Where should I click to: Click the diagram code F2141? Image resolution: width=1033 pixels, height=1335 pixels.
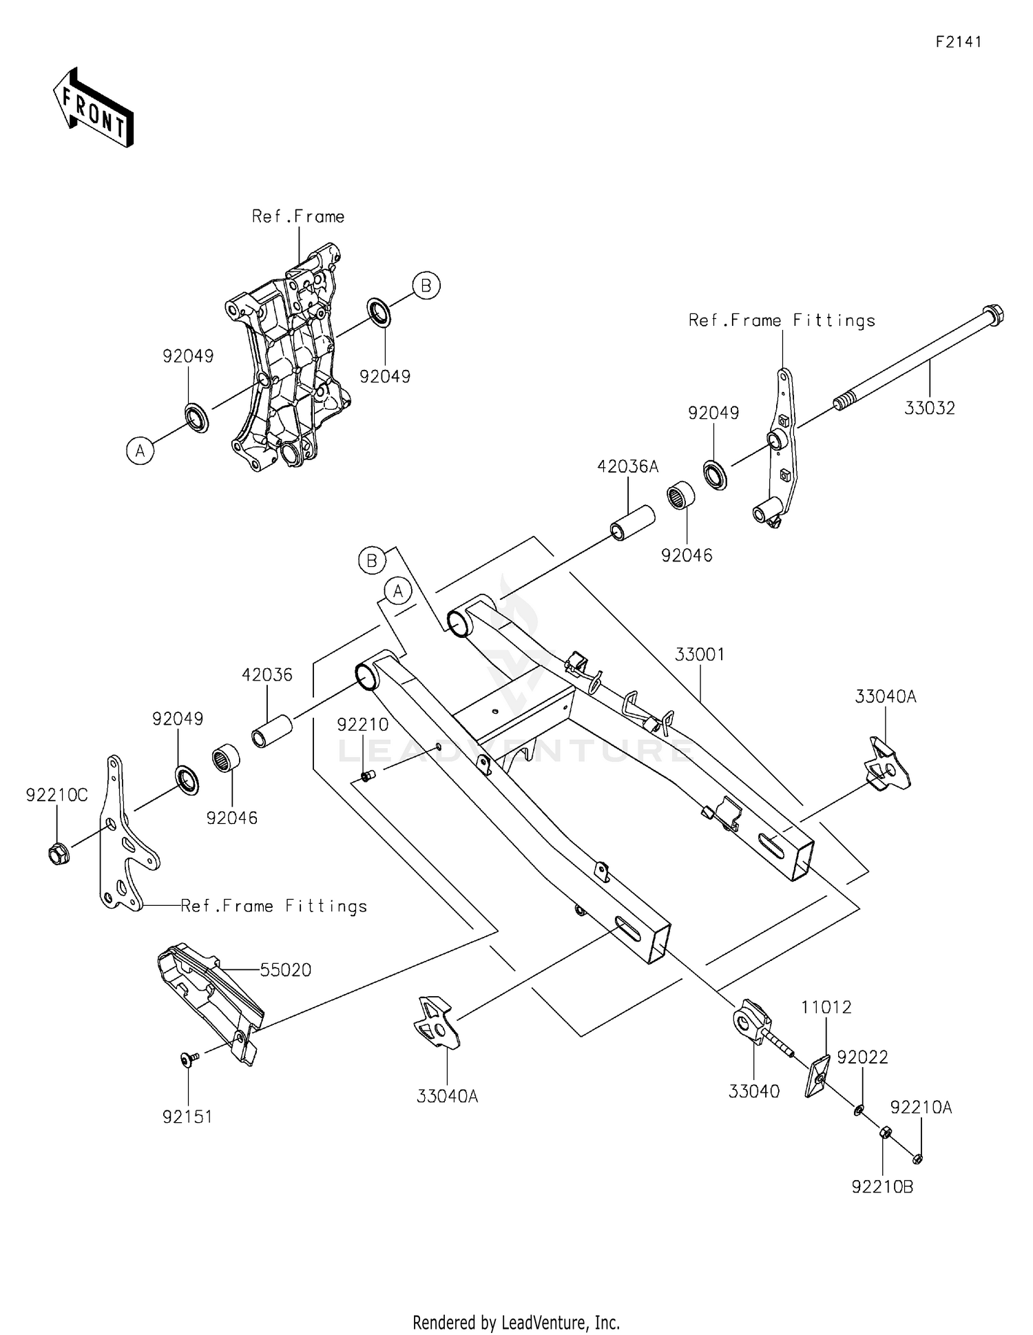(x=958, y=42)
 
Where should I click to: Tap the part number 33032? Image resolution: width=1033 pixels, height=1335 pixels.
(x=930, y=408)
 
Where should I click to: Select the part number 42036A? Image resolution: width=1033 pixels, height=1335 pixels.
(x=627, y=467)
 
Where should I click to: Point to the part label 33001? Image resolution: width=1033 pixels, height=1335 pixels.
(x=700, y=654)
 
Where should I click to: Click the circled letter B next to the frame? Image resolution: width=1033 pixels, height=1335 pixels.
(x=426, y=285)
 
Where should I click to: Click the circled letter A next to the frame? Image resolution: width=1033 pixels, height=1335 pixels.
(x=140, y=451)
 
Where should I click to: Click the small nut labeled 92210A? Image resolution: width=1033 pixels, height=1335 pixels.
(x=917, y=1159)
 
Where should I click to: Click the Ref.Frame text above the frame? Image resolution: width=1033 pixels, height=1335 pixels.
(x=298, y=217)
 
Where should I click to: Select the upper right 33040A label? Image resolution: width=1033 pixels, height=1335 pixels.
(x=886, y=696)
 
